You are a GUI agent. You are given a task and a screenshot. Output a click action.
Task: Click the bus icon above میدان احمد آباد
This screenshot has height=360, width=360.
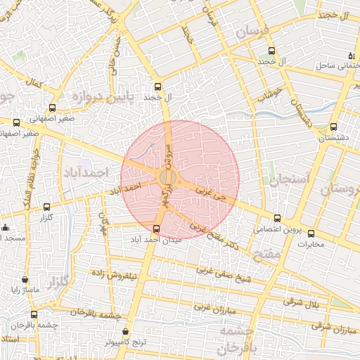[x=156, y=228]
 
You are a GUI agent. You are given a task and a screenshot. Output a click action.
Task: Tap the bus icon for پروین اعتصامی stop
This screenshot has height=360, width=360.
[x=278, y=218]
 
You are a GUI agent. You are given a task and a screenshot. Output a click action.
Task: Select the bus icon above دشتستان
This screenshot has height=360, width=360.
[x=333, y=127]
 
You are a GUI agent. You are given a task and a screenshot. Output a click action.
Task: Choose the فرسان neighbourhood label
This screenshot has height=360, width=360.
[x=252, y=32]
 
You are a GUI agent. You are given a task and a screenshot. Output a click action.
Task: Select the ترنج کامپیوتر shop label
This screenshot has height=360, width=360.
[x=124, y=342]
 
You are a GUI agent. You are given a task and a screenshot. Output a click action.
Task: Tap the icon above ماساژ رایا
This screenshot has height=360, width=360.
[x=25, y=279]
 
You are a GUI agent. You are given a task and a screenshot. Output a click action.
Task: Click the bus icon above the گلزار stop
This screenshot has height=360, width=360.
[x=47, y=207]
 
